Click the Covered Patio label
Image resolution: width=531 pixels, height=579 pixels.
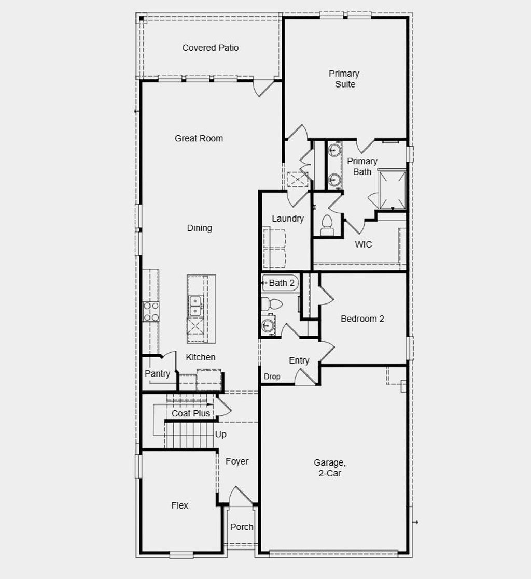click(211, 48)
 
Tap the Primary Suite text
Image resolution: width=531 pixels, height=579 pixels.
click(344, 79)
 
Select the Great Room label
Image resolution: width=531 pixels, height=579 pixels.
click(199, 138)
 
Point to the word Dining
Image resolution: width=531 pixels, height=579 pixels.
click(199, 228)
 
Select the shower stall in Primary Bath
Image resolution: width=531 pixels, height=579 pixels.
click(392, 190)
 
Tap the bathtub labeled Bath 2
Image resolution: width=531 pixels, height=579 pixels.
click(281, 283)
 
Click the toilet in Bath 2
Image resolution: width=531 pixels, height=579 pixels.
click(271, 303)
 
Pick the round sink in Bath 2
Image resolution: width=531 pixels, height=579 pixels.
click(268, 325)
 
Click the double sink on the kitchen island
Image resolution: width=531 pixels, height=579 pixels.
click(195, 306)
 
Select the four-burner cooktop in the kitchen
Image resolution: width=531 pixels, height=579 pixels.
click(151, 311)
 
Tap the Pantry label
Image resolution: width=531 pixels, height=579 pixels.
click(157, 373)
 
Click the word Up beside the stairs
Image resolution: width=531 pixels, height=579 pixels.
click(220, 435)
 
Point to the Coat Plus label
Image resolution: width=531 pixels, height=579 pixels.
click(191, 413)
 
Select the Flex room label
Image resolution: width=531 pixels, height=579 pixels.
click(180, 505)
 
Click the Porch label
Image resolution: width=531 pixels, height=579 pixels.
click(242, 527)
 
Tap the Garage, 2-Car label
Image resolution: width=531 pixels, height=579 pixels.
click(329, 468)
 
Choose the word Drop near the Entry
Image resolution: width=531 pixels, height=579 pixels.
click(272, 377)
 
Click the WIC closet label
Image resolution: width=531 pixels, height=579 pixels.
click(363, 244)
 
